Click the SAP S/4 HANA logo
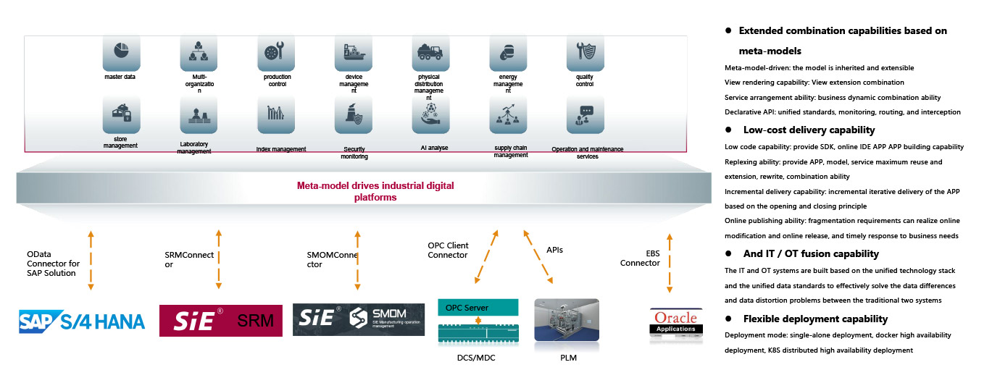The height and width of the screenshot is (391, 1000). coord(82,321)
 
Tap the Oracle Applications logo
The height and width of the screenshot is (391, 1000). coord(675,321)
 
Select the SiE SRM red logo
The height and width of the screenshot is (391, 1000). coord(221,320)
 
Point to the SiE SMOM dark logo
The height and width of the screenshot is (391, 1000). coord(359,320)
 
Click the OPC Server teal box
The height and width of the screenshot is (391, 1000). coord(478,308)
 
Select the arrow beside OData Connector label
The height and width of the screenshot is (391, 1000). coord(91,261)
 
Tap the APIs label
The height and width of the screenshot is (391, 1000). coord(554,250)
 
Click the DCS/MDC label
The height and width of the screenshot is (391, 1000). coord(478,357)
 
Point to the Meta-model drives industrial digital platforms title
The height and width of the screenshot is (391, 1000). coord(375,191)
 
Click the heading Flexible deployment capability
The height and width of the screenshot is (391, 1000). coord(815,319)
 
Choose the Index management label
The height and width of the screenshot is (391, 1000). coord(281,149)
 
